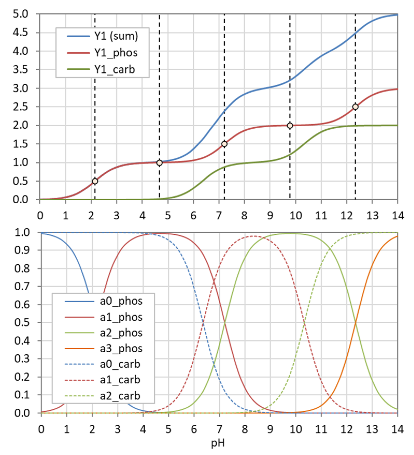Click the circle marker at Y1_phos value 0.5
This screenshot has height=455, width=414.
(x=95, y=181)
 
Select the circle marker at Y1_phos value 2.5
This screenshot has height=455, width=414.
(x=355, y=107)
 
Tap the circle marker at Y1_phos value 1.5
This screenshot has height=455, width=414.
(x=224, y=144)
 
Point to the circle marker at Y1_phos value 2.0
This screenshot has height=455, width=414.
(x=290, y=126)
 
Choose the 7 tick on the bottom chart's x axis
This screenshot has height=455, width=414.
(x=219, y=429)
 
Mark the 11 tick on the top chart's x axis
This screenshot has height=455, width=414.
(x=321, y=216)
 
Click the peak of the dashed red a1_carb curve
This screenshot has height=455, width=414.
(x=253, y=236)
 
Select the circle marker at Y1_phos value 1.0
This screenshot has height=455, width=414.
(x=159, y=163)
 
